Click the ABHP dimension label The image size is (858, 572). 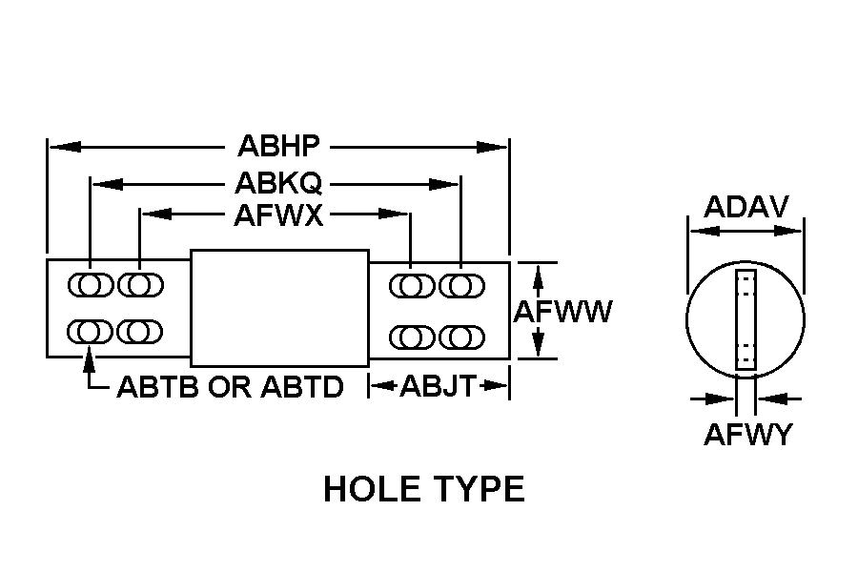(x=278, y=146)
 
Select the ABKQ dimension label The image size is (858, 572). (x=278, y=183)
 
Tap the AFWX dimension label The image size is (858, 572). (x=278, y=215)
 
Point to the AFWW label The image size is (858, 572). (x=562, y=312)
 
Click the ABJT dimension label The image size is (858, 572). (x=439, y=386)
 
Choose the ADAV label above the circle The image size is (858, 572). (x=746, y=207)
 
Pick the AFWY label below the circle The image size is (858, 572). (x=747, y=435)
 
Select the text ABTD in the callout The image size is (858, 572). (x=302, y=387)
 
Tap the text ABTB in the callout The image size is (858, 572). (x=157, y=387)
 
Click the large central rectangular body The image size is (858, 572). (x=279, y=308)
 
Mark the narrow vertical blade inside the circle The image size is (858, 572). (x=746, y=319)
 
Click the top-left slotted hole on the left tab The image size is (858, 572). (x=91, y=285)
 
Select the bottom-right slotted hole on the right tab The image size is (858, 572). (x=461, y=337)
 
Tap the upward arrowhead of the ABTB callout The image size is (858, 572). (x=90, y=363)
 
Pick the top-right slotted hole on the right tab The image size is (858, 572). (x=461, y=286)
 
